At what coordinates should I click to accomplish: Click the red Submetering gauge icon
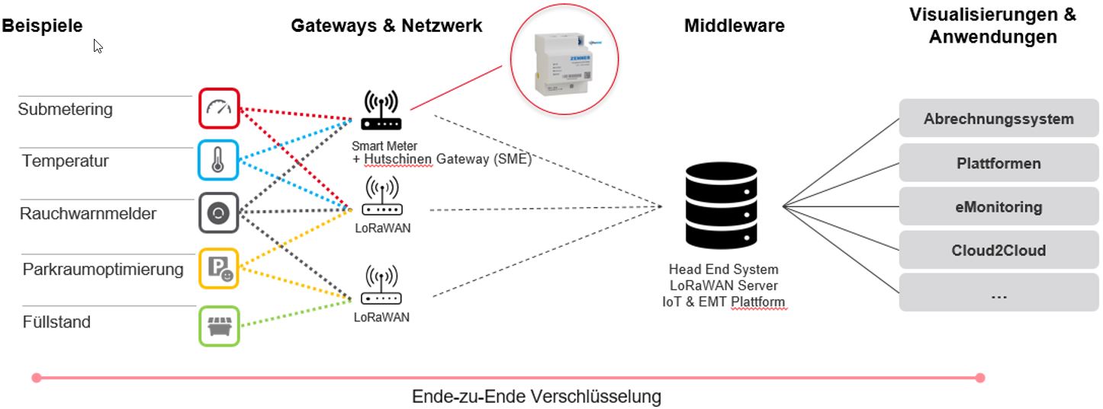coord(220,108)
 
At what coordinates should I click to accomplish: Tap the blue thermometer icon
coord(219,161)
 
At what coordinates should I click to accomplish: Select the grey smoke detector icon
coord(219,213)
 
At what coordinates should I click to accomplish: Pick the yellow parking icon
coord(220,268)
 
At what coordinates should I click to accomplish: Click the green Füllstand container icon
coord(219,325)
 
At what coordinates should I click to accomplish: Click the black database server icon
coord(721,206)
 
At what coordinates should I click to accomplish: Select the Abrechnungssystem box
coord(998,119)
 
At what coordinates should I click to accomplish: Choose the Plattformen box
coord(998,163)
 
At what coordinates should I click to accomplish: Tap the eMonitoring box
coord(998,206)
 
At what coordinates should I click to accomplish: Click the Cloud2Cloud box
coord(998,250)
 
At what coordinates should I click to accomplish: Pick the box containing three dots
coord(998,294)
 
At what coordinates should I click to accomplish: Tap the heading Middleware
coord(734,26)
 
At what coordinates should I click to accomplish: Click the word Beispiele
coord(42,25)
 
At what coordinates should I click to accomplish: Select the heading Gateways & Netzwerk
coord(386,25)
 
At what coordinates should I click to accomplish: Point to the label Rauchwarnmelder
coord(88,213)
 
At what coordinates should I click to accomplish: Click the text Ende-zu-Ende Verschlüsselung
coord(536,396)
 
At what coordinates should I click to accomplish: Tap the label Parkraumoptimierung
coord(103,269)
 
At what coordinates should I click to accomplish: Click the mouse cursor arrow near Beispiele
coord(98,46)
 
